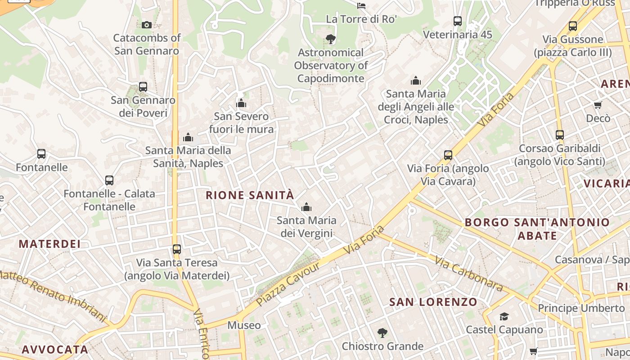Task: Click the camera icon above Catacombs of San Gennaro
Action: (146, 25)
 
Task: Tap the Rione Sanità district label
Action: (250, 195)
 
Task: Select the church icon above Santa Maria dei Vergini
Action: (306, 207)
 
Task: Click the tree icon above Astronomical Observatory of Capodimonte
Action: (331, 39)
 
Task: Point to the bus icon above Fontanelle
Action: (41, 154)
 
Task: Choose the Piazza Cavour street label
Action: (288, 283)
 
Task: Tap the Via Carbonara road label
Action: (468, 273)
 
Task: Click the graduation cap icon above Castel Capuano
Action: (504, 316)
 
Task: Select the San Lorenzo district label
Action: (433, 302)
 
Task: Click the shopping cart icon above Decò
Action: (598, 105)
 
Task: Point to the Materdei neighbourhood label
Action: (49, 244)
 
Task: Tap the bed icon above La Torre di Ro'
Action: (361, 6)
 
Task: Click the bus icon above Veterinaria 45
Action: (458, 21)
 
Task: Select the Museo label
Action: (244, 325)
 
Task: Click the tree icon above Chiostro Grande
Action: (382, 333)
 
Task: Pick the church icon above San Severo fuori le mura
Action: (241, 103)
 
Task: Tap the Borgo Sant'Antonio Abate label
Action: (537, 229)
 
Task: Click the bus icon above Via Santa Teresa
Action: (177, 249)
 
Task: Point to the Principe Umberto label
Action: (581, 308)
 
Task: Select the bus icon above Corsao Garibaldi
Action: (560, 135)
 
